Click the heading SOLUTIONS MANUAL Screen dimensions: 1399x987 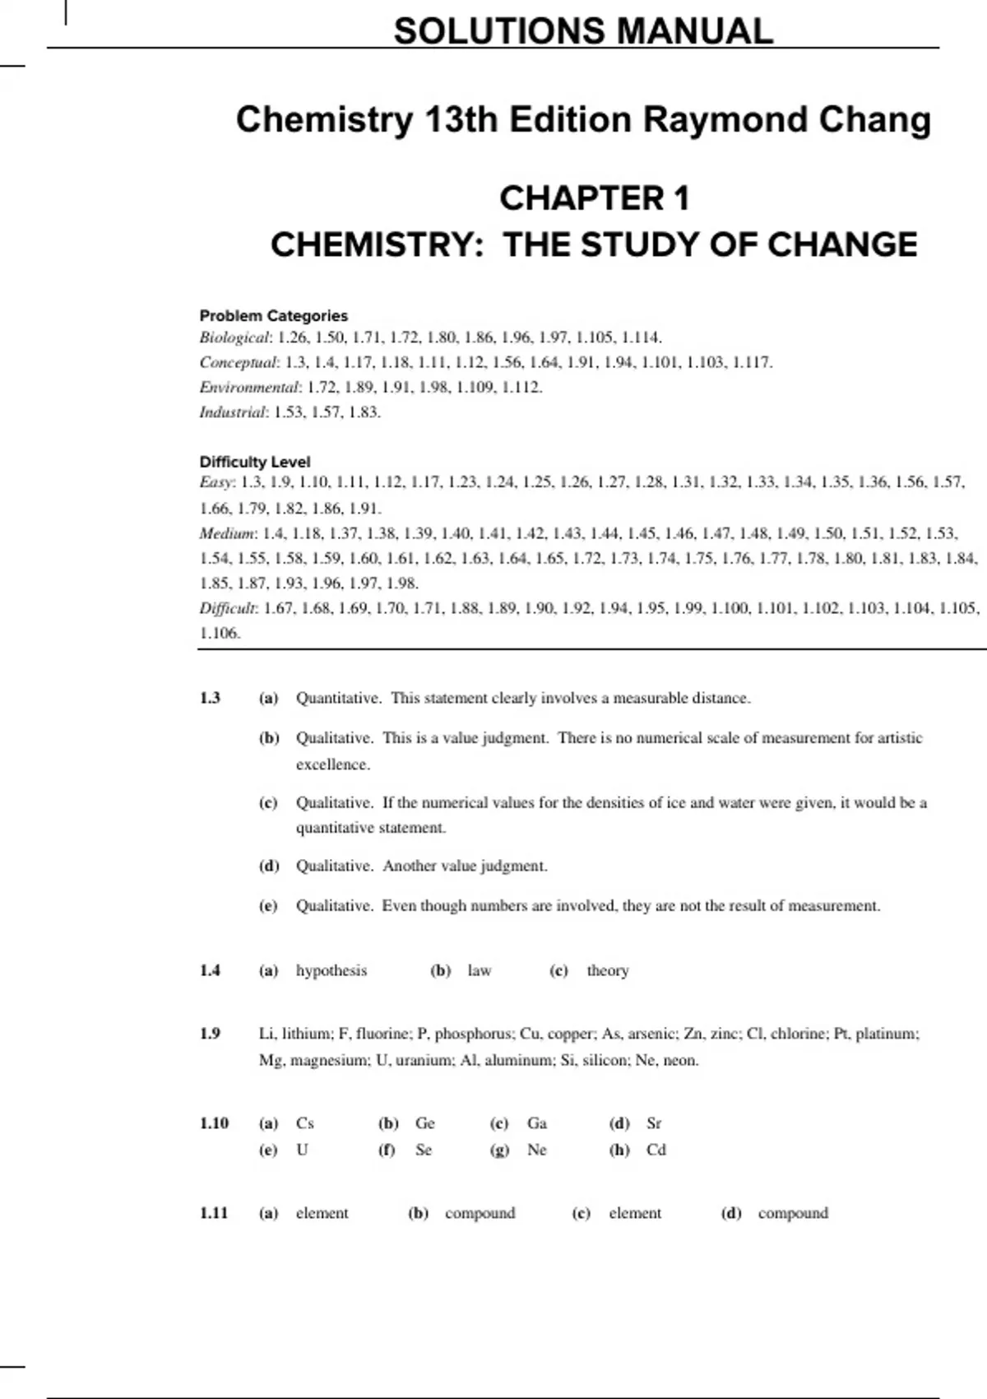pos(583,31)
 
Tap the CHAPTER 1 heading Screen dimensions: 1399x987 pos(594,198)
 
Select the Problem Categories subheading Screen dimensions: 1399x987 pos(273,316)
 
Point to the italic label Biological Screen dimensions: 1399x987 pos(234,337)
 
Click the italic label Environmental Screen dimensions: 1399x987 pos(249,387)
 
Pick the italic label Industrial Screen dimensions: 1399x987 pos(233,411)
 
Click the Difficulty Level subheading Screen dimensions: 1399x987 pos(254,462)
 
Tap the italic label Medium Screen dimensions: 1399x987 pos(227,533)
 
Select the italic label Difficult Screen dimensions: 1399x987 pos(228,608)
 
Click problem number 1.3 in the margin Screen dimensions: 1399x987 pos(210,698)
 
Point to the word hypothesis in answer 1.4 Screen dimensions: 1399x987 pos(331,970)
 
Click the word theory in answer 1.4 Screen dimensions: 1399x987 pos(608,970)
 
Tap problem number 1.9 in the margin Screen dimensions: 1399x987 pos(210,1034)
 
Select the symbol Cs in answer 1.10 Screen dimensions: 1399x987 pos(305,1123)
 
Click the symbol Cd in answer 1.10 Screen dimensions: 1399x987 pos(656,1150)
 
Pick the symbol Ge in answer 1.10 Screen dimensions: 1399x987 pos(424,1123)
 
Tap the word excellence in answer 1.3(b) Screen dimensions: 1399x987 pos(333,765)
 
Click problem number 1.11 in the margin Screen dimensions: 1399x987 pos(214,1213)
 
